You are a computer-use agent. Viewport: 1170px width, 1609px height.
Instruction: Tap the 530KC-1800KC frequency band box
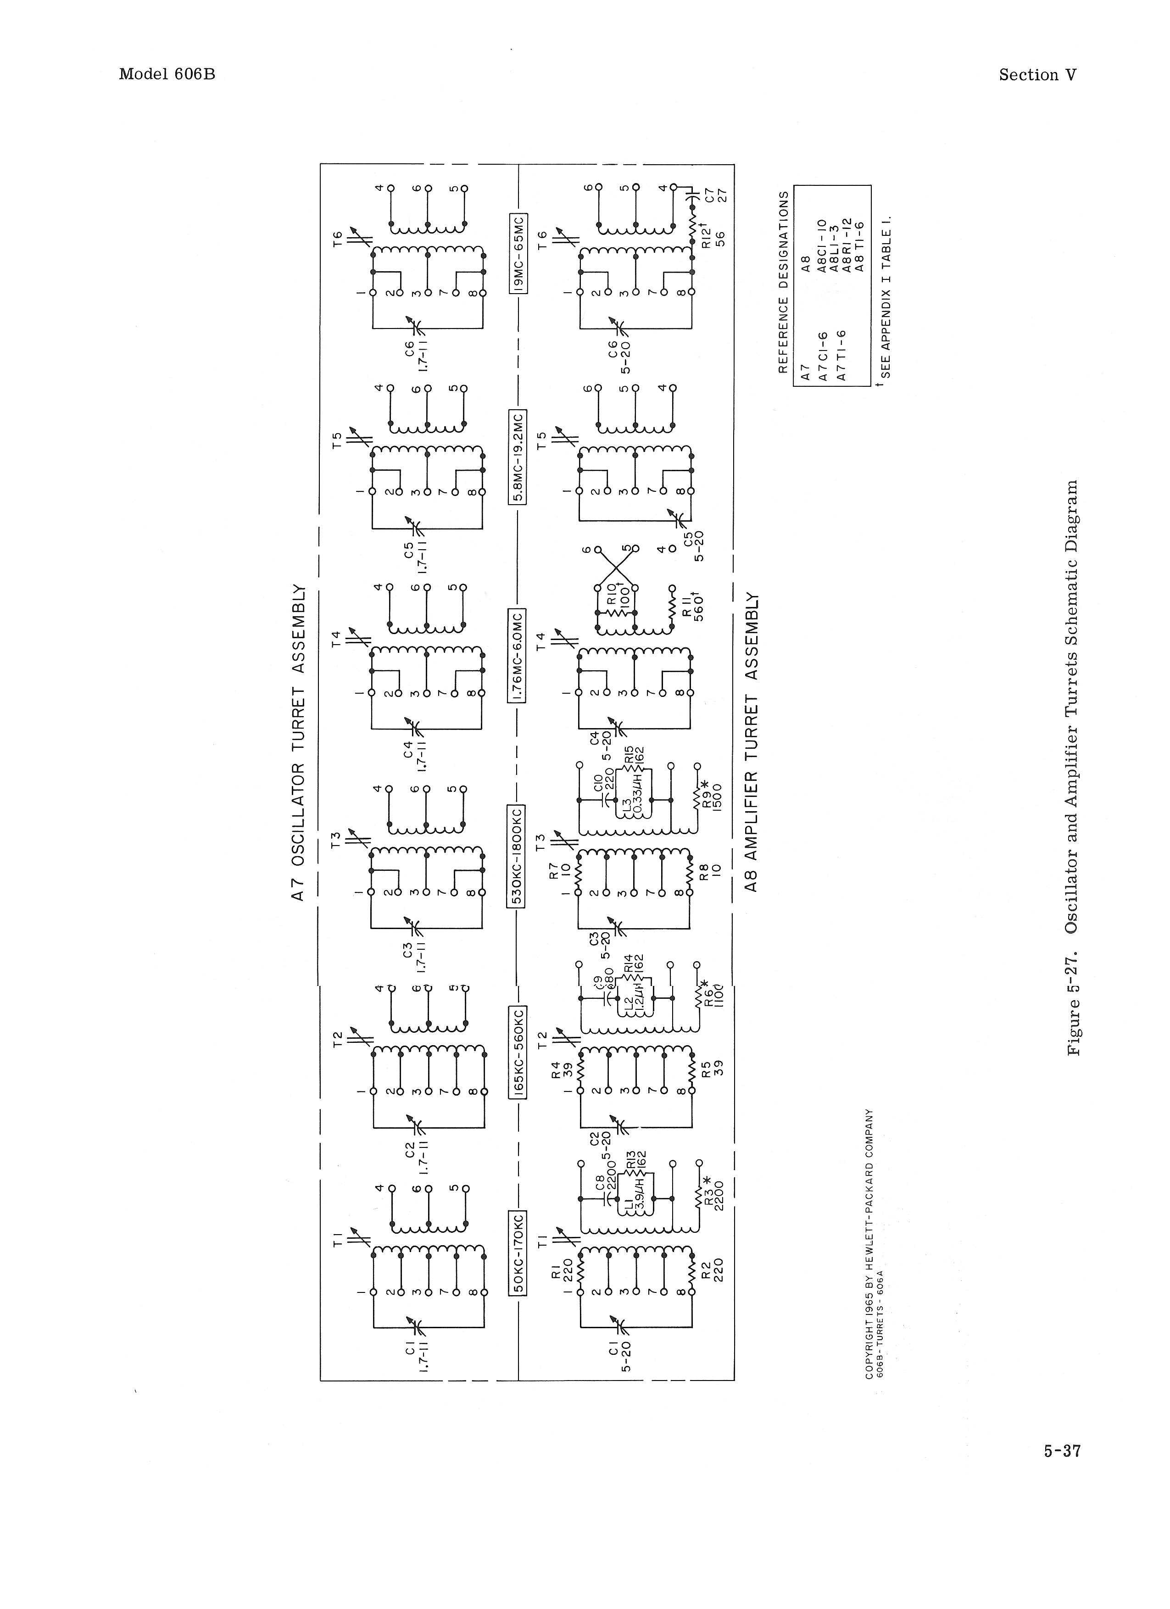[x=518, y=856]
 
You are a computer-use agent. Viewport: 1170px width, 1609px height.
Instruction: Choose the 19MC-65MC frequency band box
[x=518, y=252]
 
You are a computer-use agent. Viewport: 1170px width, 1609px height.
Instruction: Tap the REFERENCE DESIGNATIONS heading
[x=783, y=282]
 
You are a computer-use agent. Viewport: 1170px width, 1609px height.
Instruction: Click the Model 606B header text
[x=167, y=74]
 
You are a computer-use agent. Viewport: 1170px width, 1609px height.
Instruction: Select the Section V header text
[x=1037, y=75]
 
